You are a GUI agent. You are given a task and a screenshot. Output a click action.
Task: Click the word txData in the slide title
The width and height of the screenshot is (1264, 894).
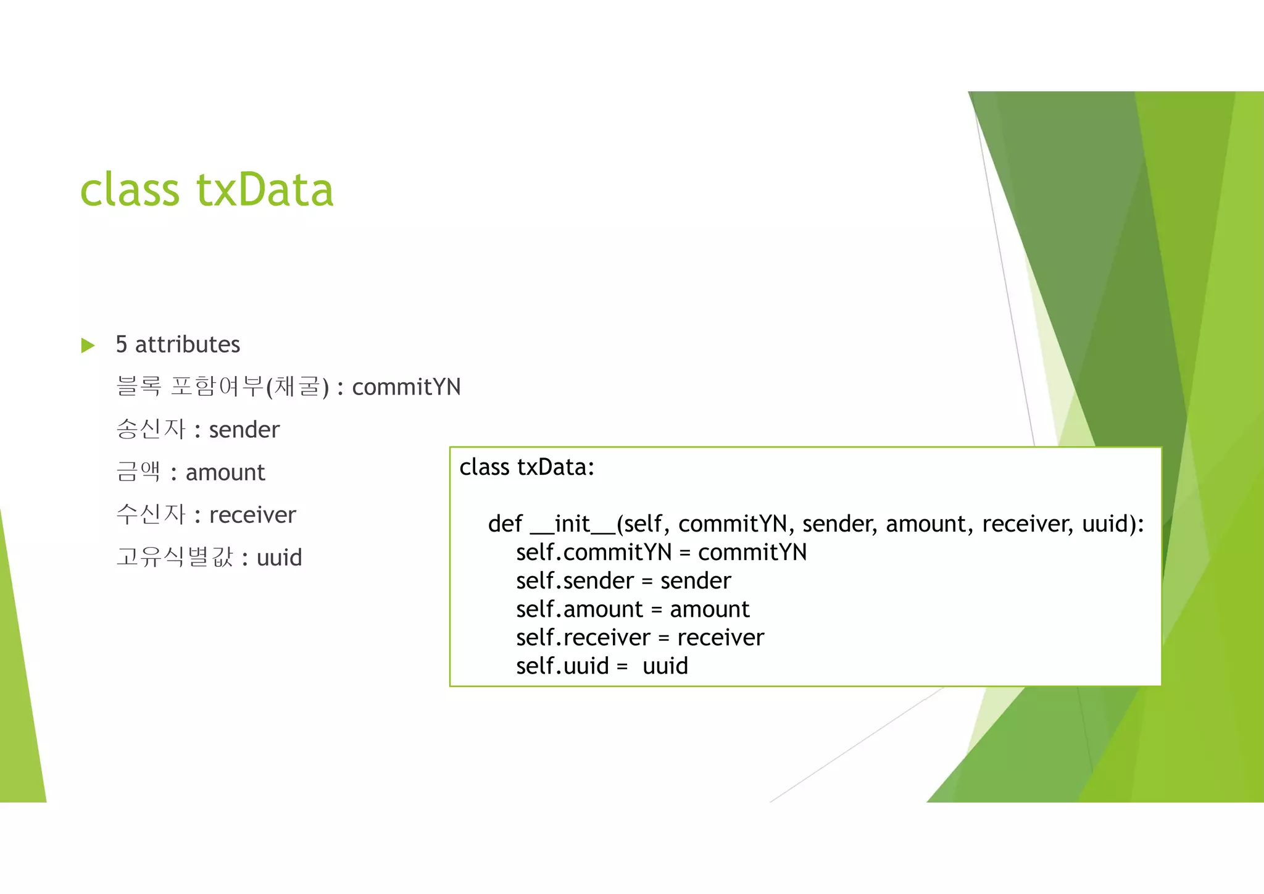(265, 190)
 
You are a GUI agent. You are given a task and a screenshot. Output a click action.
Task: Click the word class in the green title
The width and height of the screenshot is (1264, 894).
(130, 190)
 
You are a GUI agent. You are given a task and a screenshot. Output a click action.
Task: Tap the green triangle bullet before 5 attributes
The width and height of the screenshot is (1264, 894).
(88, 345)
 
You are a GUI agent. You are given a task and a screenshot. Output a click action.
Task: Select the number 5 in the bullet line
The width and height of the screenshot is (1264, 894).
(122, 345)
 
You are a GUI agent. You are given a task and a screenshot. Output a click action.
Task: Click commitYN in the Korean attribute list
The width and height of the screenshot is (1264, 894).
(406, 387)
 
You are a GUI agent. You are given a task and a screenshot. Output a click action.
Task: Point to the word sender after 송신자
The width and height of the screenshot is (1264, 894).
(244, 430)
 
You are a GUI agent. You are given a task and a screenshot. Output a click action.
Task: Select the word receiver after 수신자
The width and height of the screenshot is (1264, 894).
(252, 515)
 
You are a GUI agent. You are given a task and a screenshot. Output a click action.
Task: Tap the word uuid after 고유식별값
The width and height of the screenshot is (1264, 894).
(279, 558)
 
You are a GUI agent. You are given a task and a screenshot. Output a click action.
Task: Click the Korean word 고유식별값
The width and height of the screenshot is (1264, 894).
(175, 557)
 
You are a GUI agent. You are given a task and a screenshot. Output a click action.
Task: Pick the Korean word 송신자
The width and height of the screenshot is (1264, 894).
(151, 429)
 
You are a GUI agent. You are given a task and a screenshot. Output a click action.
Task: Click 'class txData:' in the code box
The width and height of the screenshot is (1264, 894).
(526, 467)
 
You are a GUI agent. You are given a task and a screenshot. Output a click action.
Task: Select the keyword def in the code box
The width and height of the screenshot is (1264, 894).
(505, 524)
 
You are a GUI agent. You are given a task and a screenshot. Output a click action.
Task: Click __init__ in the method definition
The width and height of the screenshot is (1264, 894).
(572, 524)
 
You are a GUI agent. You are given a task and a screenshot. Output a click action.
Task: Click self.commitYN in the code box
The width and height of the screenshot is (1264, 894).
(593, 553)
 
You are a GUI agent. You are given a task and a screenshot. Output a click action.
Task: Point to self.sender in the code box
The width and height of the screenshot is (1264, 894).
(575, 581)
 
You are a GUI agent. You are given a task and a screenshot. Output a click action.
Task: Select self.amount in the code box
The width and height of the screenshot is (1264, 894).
(580, 609)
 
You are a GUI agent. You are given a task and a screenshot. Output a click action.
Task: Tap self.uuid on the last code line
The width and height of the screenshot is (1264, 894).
(562, 666)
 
